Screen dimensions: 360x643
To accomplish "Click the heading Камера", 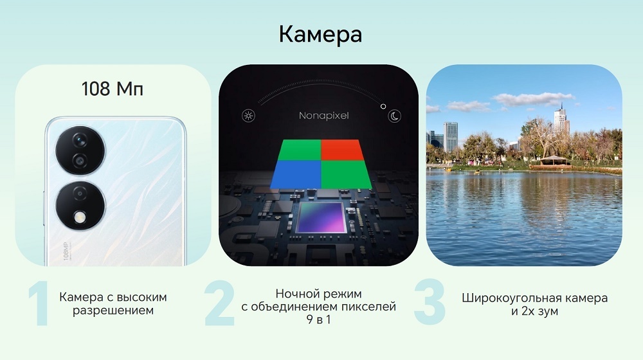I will pyautogui.click(x=320, y=34).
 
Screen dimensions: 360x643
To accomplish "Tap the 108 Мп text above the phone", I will pyautogui.click(x=112, y=89).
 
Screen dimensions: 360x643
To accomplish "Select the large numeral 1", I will pyautogui.click(x=39, y=302).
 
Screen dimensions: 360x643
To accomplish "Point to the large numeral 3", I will pyautogui.click(x=429, y=302).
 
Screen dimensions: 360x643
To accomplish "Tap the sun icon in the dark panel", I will pyautogui.click(x=247, y=116).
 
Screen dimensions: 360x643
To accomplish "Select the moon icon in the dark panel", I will pyautogui.click(x=394, y=116).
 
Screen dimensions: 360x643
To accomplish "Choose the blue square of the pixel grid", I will pyautogui.click(x=296, y=173).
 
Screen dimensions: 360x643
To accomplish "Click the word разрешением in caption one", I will pyautogui.click(x=113, y=310).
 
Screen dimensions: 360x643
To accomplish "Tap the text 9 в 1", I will pyautogui.click(x=318, y=319).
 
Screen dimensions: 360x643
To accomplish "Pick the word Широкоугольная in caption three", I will pyautogui.click(x=509, y=298).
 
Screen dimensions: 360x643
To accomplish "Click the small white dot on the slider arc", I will pyautogui.click(x=383, y=105).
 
